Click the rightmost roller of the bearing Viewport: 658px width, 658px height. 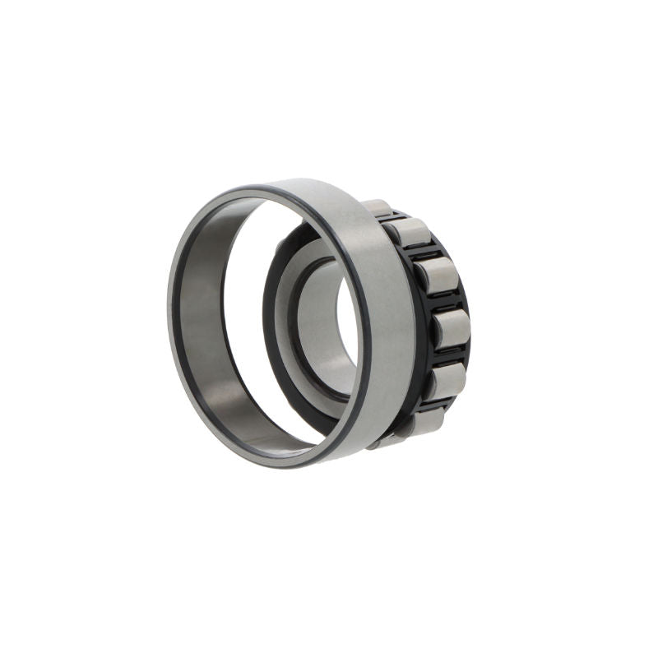click(452, 327)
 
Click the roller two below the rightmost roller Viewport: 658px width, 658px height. click(424, 421)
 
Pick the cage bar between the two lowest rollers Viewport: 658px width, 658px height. click(436, 402)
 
